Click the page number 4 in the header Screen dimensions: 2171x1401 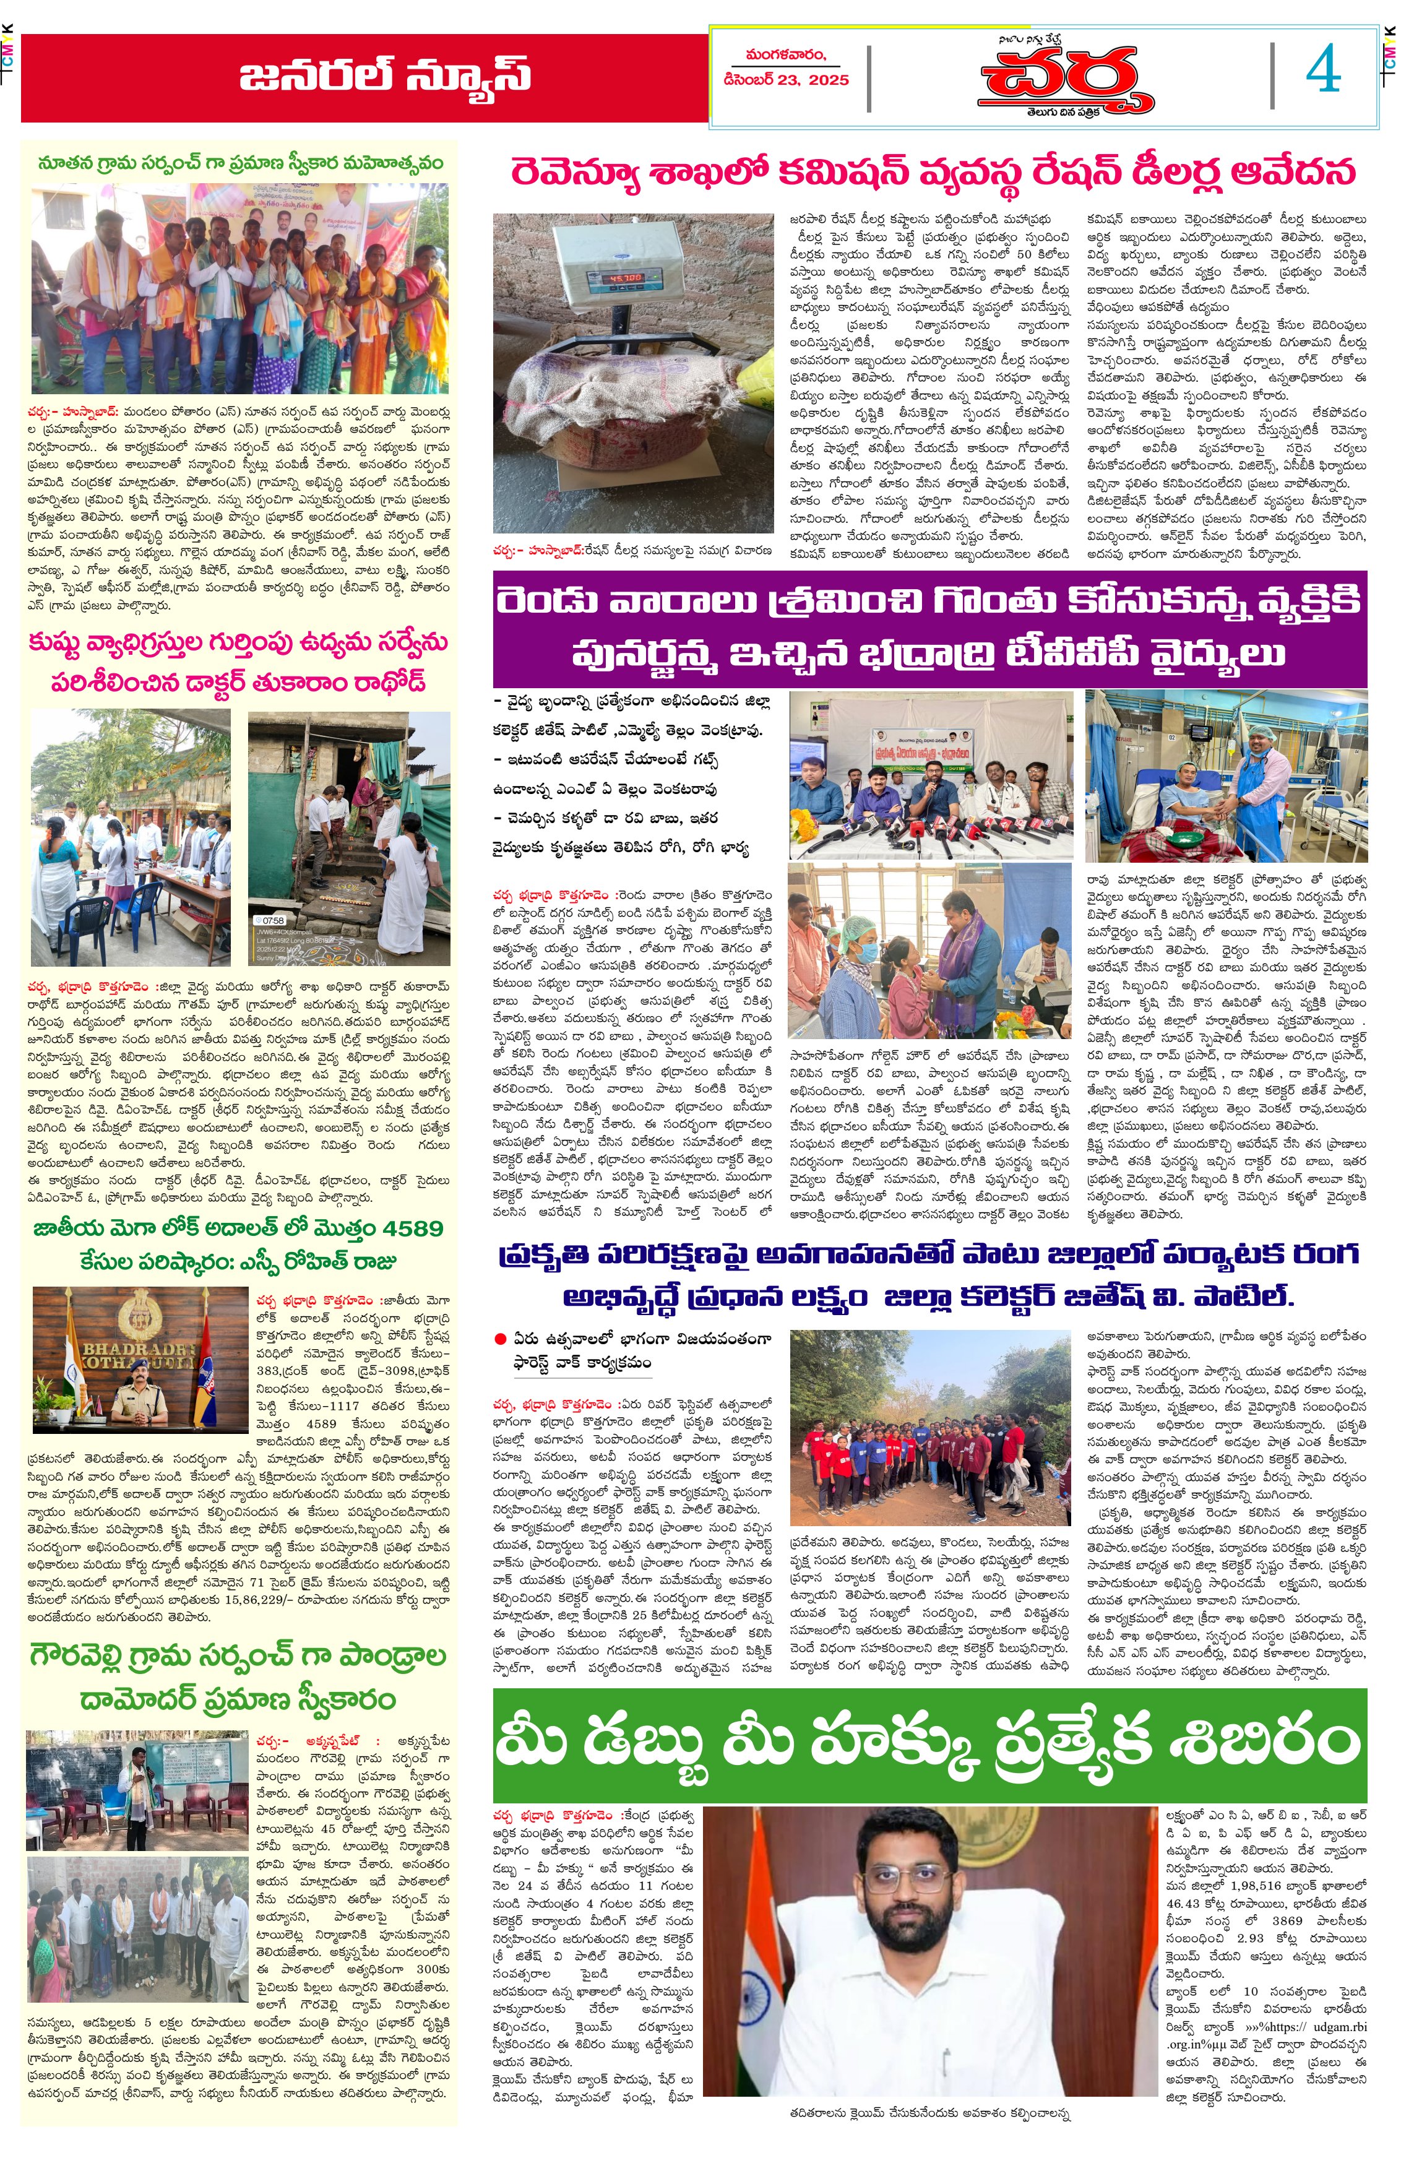coord(1323,70)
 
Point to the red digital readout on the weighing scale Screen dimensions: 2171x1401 coord(625,277)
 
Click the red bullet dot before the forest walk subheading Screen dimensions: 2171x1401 coord(499,1339)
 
